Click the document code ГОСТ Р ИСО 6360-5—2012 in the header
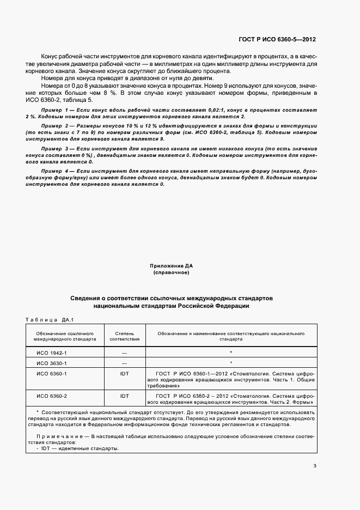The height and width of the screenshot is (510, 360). (277, 40)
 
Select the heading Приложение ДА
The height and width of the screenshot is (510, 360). (172, 266)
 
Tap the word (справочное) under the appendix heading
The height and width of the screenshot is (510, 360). (172, 272)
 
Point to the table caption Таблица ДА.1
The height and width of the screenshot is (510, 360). (50, 320)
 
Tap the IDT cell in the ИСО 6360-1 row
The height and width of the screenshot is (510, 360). (124, 374)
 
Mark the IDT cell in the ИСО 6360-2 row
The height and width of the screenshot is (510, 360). (124, 396)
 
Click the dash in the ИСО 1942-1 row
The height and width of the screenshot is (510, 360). (124, 353)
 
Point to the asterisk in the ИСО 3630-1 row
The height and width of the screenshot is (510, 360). (231, 362)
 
